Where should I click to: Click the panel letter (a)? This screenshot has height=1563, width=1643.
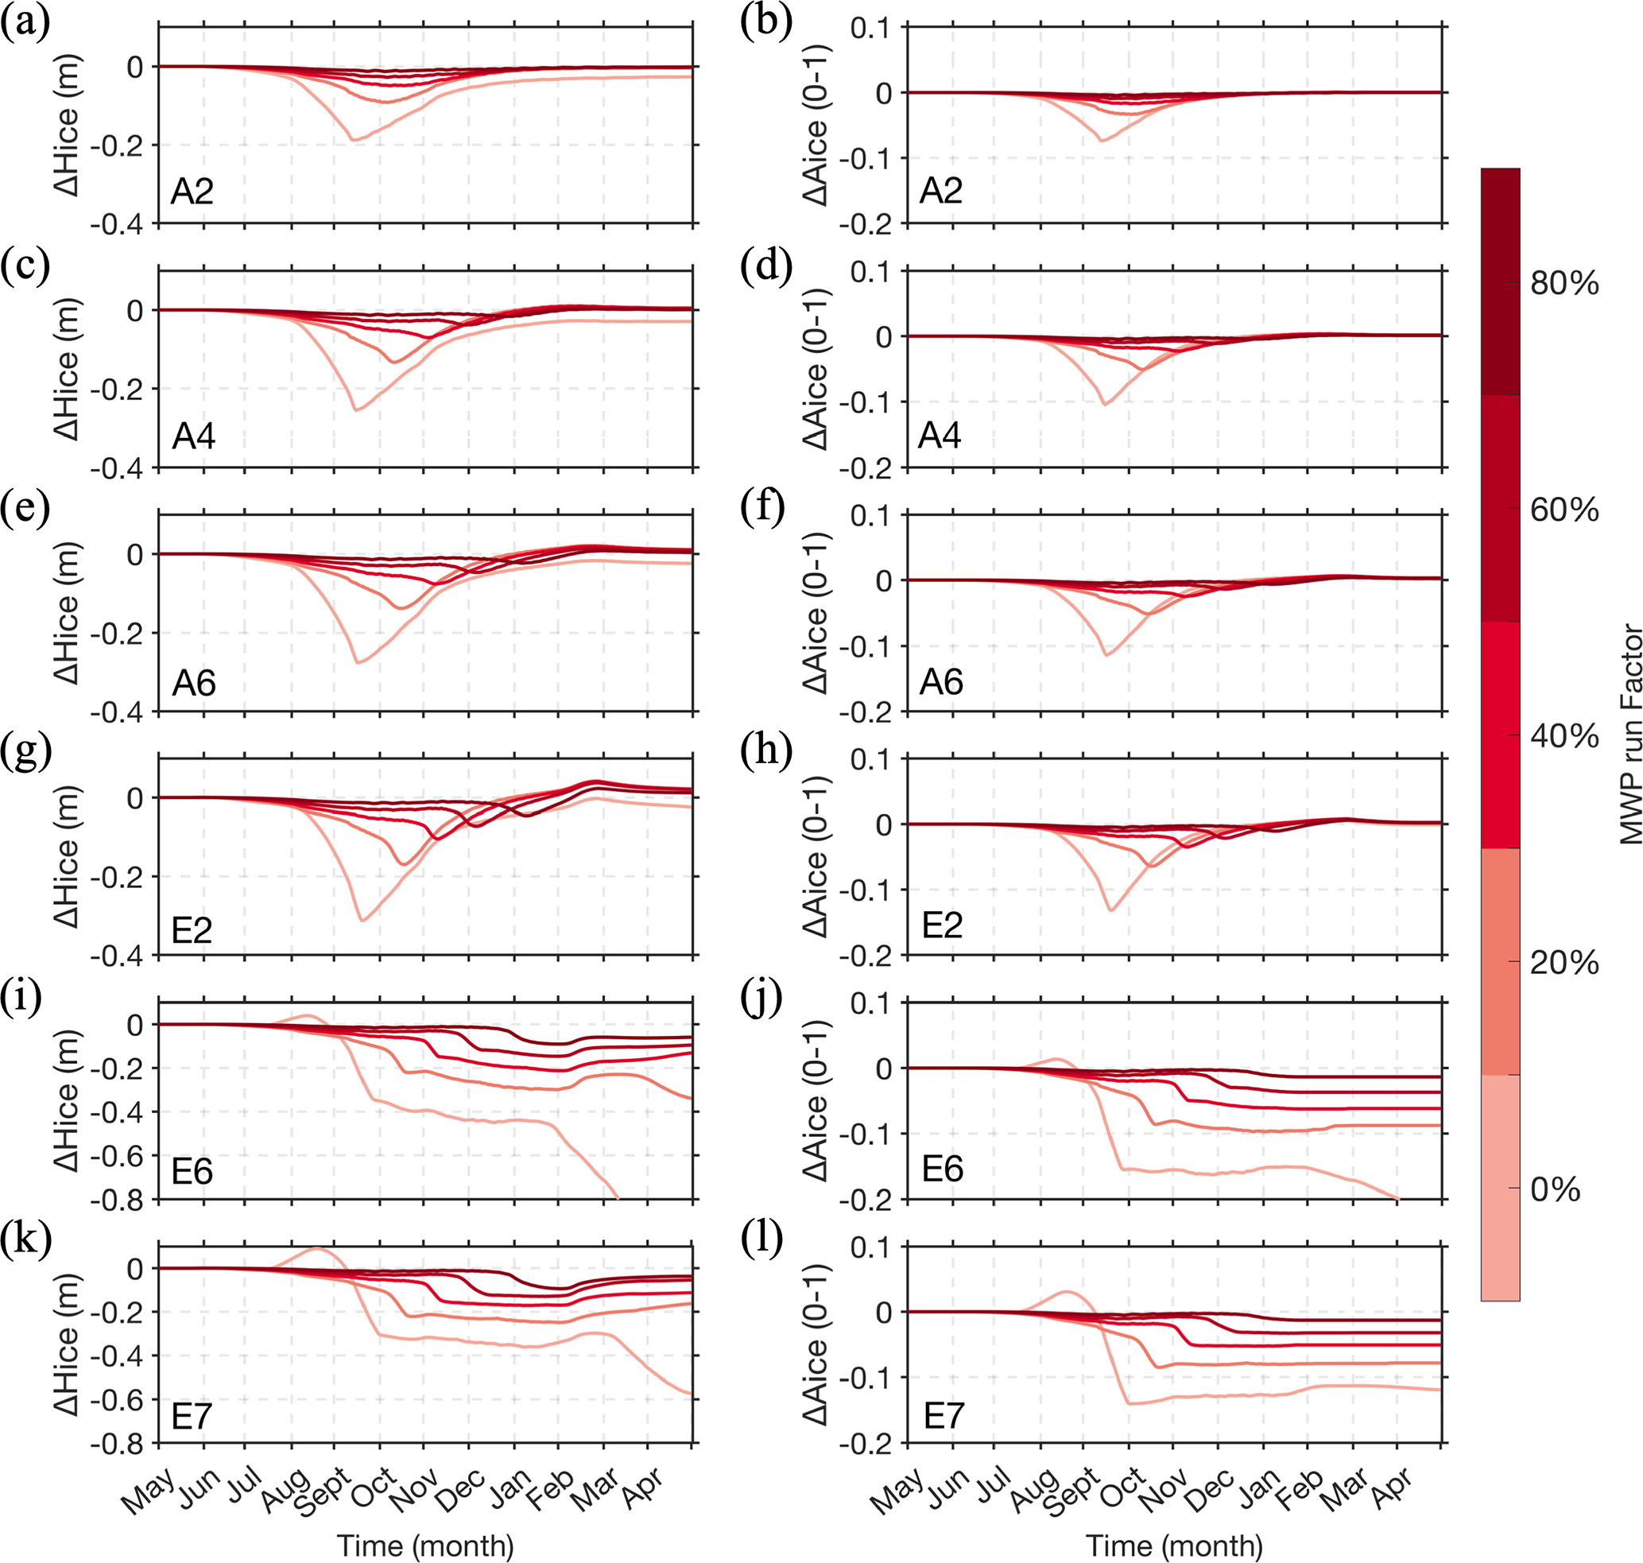pos(25,22)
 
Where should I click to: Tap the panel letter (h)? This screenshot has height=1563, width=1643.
pos(765,751)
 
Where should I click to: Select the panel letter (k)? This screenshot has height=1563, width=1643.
pos(25,1239)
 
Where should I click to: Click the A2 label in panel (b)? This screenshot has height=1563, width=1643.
pos(940,191)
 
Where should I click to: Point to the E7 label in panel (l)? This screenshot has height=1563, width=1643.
pos(944,1416)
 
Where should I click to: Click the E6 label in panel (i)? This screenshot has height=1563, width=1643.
pos(192,1171)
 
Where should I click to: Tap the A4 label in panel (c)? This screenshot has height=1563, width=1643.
pos(193,436)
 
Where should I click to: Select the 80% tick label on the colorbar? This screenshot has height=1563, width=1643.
pos(1564,283)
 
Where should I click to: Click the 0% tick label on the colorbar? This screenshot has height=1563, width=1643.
pos(1555,1190)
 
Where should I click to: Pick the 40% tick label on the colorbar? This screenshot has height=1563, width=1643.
pos(1564,736)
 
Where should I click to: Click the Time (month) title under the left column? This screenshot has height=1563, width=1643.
pos(426,1546)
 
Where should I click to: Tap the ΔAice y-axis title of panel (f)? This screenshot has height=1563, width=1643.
pos(816,612)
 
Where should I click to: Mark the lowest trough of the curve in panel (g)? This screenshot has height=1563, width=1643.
pos(362,920)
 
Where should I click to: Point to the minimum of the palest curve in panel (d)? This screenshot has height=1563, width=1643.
pos(1106,404)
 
